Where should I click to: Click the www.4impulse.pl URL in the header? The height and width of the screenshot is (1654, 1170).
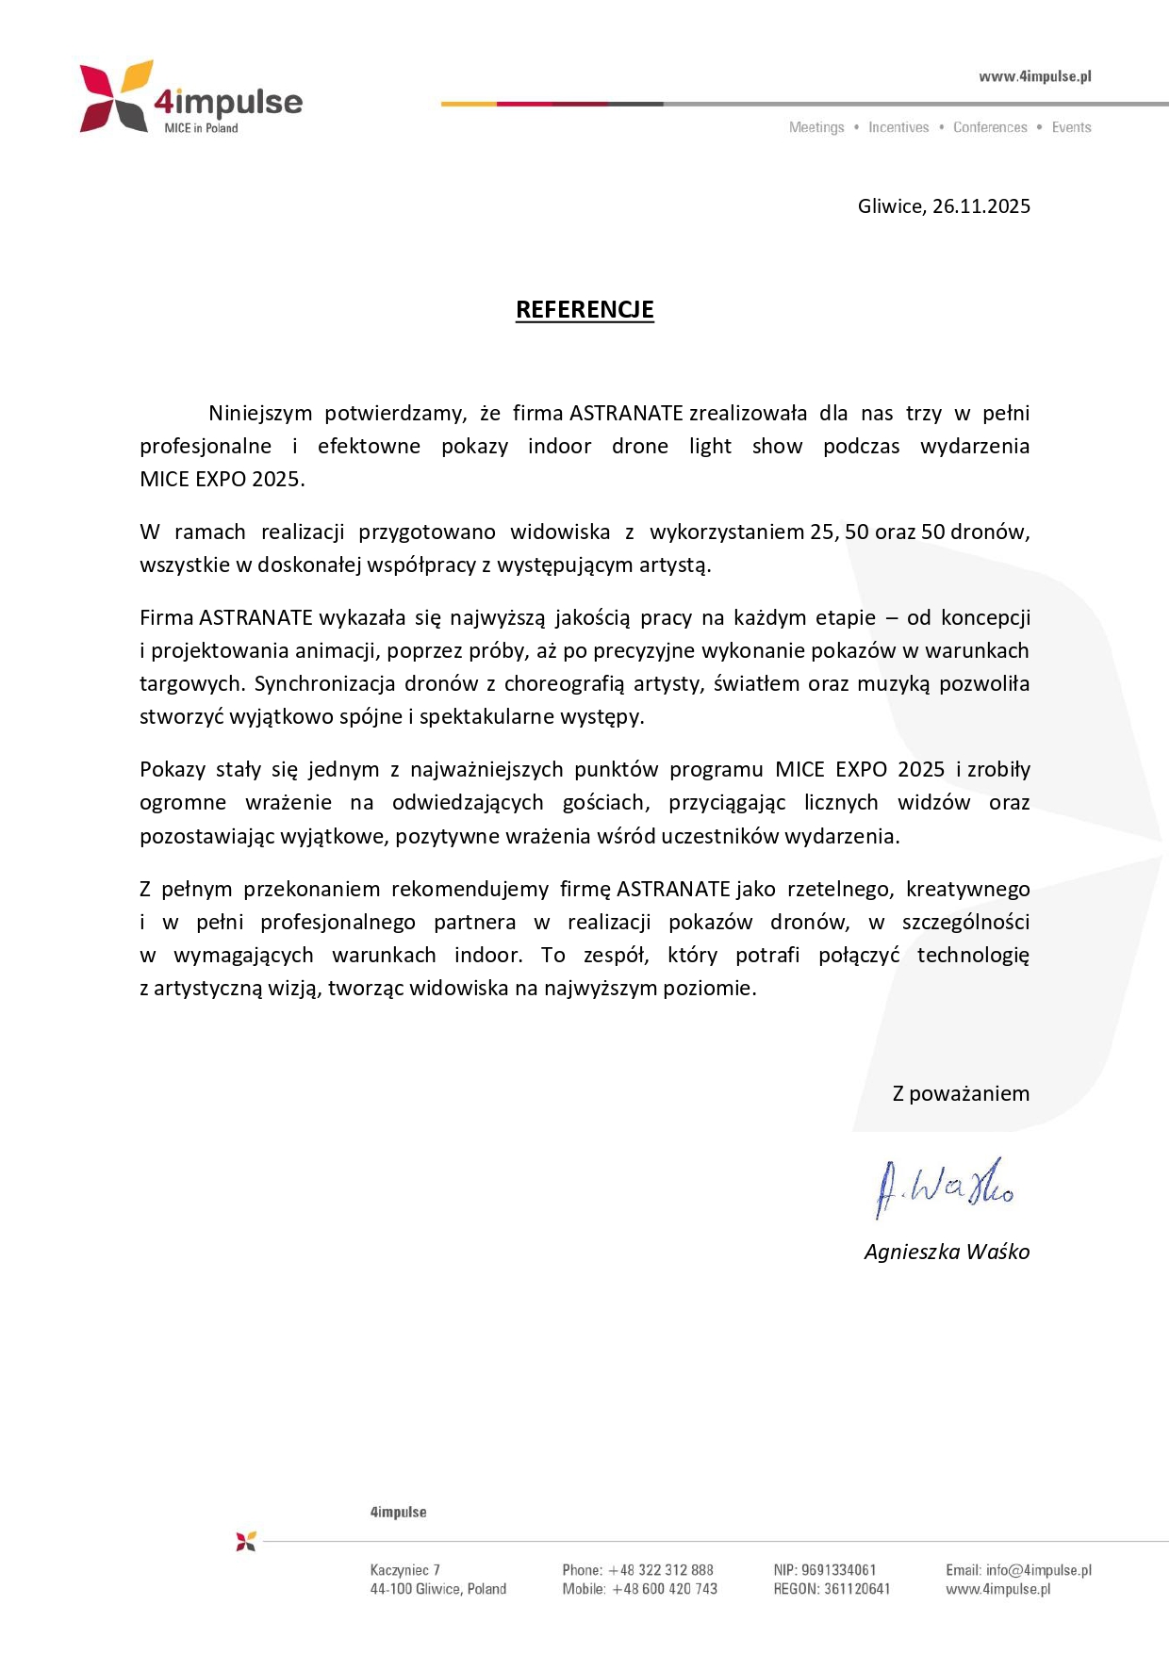coord(1034,76)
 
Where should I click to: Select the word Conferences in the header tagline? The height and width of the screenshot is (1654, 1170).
coord(989,127)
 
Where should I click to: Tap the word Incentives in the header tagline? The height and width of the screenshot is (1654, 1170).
coord(898,127)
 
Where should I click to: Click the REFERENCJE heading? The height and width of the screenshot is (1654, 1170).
coord(585,309)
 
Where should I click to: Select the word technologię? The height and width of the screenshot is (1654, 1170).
coord(972,955)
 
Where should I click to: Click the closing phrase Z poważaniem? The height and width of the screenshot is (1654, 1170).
coord(960,1093)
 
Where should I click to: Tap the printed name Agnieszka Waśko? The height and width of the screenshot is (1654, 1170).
coord(947,1252)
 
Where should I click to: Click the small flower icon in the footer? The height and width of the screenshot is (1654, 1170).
coord(246,1541)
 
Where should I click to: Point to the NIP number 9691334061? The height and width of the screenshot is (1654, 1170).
coord(838,1570)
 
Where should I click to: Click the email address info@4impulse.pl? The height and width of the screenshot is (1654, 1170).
coord(1038,1570)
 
